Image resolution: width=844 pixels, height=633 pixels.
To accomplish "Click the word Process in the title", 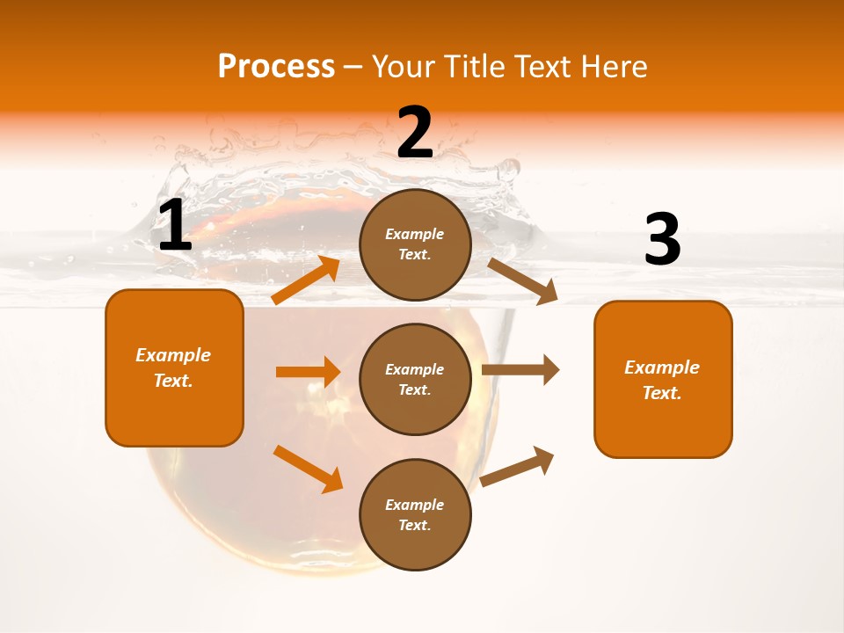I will click(276, 67).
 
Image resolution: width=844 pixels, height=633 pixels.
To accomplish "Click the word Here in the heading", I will click(610, 67).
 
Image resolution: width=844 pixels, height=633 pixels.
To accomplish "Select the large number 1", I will click(175, 226).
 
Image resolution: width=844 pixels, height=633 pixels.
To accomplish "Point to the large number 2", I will click(415, 133).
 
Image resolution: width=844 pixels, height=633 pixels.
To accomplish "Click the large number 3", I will click(662, 240).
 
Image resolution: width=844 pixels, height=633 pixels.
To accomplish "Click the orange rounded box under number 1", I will click(174, 367).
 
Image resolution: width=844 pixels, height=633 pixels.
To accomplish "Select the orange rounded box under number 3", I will click(663, 380).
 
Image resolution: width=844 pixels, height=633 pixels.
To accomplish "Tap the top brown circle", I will click(415, 244).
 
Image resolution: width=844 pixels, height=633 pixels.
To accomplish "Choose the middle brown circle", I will click(415, 380).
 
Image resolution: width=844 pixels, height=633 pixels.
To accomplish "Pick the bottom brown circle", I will click(415, 515).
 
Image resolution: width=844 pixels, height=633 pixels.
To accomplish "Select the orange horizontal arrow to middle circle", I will click(308, 372).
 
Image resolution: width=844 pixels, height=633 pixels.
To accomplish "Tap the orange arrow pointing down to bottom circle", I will click(309, 468).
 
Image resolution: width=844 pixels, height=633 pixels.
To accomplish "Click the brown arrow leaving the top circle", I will click(522, 280).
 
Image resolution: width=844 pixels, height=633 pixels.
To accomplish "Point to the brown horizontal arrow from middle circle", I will click(520, 370).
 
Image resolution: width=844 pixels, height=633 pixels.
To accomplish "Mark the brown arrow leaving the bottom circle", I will click(518, 466).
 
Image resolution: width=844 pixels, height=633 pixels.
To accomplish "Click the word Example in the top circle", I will click(415, 235).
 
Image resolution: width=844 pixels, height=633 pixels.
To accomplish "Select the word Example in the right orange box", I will click(662, 368).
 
